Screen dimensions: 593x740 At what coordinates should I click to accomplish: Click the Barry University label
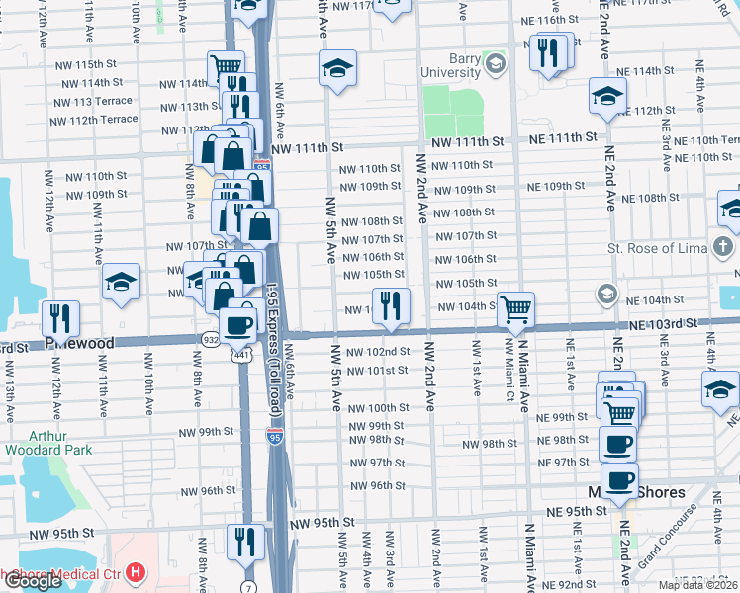450,64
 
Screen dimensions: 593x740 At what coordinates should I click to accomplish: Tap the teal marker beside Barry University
496,66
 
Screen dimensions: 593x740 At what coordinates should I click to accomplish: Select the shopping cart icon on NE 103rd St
516,309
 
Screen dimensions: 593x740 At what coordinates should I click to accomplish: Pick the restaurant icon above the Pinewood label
61,318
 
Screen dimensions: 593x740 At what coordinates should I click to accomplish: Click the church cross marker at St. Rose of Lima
724,245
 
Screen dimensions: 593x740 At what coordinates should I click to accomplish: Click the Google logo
32,581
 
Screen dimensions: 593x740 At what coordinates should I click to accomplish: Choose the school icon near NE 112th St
607,96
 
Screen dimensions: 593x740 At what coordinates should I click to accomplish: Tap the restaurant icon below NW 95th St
243,542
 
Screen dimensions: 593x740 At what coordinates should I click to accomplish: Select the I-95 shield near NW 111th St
261,165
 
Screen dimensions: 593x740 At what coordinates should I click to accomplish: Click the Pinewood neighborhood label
80,342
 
